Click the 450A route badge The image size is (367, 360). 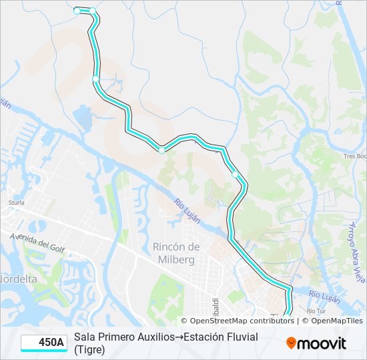point(44,343)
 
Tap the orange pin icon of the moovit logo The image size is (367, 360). point(291,343)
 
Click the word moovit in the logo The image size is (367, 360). point(322,343)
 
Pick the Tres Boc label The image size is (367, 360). point(354,156)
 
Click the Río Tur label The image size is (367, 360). point(315,311)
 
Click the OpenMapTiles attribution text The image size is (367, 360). point(336,321)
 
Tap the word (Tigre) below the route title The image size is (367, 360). point(89,349)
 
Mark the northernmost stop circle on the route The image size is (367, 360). point(77,11)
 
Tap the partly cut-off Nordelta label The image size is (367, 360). point(18,279)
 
